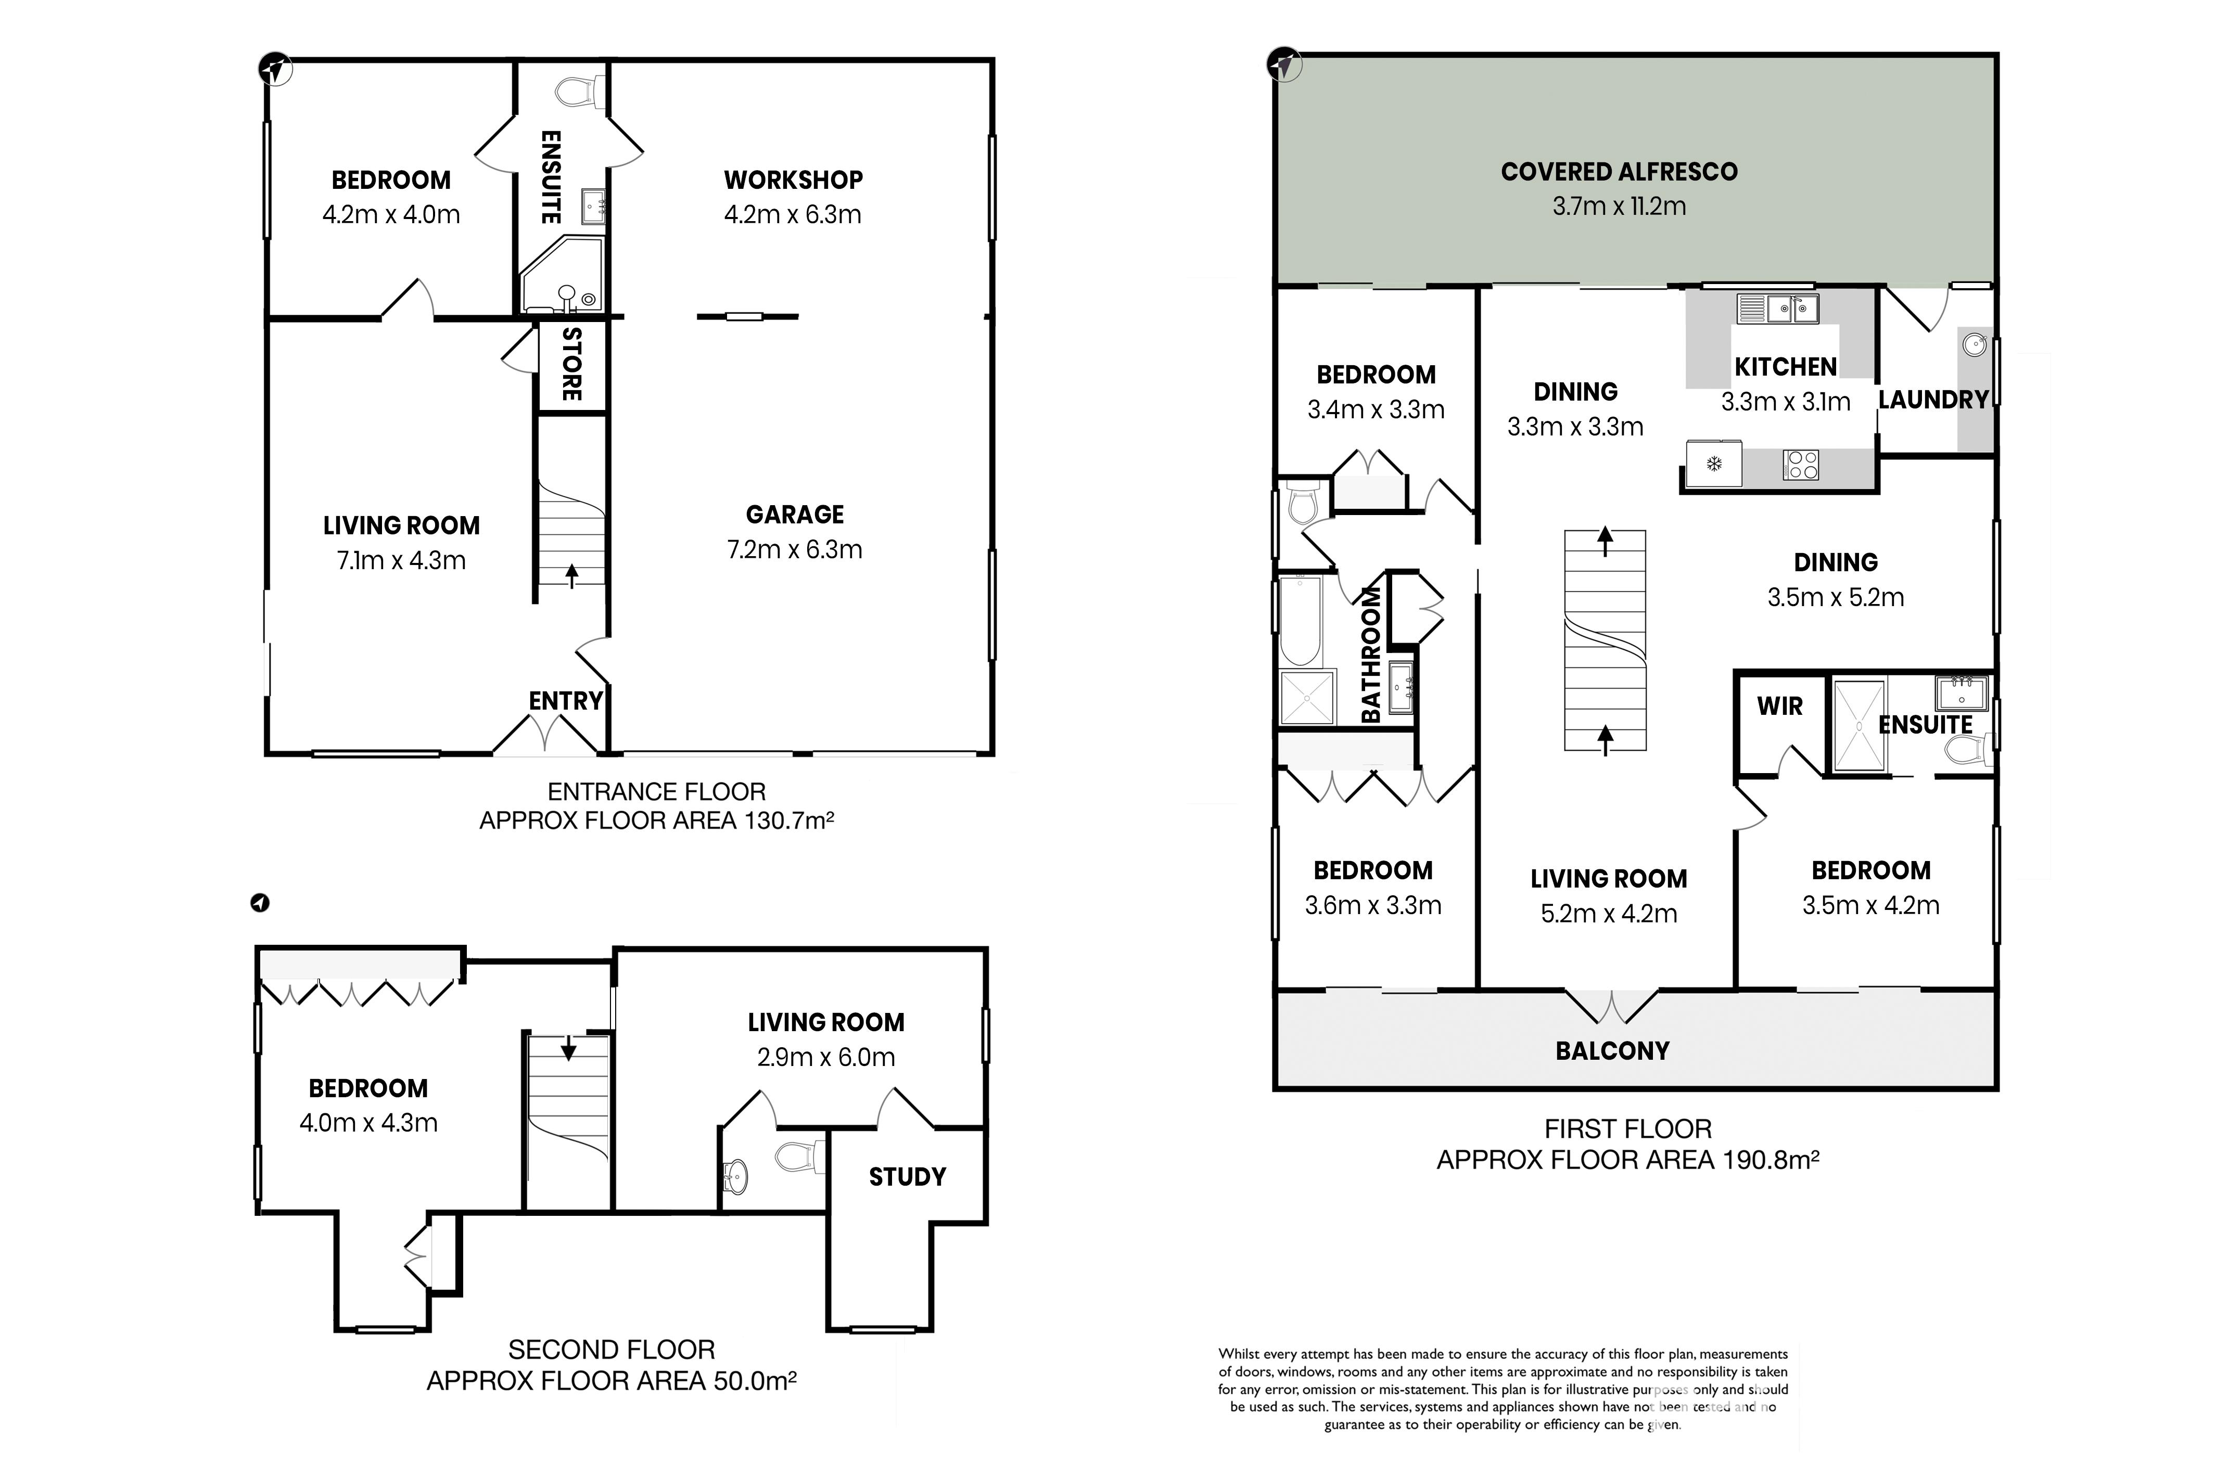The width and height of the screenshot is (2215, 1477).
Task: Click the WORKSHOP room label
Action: point(793,180)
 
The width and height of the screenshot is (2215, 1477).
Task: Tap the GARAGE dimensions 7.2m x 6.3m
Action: point(794,549)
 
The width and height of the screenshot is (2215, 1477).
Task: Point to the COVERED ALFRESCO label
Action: point(1619,172)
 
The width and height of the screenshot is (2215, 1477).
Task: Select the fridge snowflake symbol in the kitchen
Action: point(1715,464)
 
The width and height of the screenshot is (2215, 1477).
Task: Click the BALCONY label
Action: point(1612,1051)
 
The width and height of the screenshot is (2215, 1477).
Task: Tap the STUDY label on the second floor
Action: point(907,1176)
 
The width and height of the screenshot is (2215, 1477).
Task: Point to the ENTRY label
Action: point(565,701)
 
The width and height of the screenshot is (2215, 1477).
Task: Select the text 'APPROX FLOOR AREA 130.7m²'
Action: point(657,820)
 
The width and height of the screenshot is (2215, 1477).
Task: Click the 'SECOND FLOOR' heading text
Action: point(612,1350)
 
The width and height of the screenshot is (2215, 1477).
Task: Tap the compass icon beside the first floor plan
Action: point(1283,65)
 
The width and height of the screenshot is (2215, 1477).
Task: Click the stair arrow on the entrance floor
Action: point(571,574)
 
